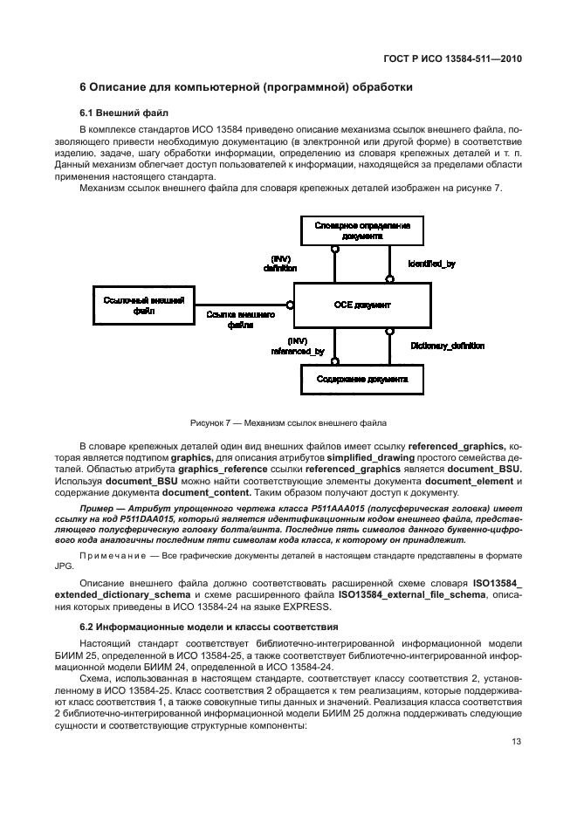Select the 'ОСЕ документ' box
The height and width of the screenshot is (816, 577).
click(361, 305)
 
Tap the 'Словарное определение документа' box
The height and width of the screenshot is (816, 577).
click(361, 230)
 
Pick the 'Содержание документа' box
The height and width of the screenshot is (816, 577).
click(361, 380)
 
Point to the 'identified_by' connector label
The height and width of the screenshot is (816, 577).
click(431, 263)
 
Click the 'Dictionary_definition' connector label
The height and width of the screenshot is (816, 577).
click(447, 346)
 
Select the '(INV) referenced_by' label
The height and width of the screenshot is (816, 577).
click(298, 346)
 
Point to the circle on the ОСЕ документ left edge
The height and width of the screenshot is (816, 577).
click(290, 305)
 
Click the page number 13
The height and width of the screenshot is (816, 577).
click(518, 743)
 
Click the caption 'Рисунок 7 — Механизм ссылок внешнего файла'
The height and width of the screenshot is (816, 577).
click(288, 424)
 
